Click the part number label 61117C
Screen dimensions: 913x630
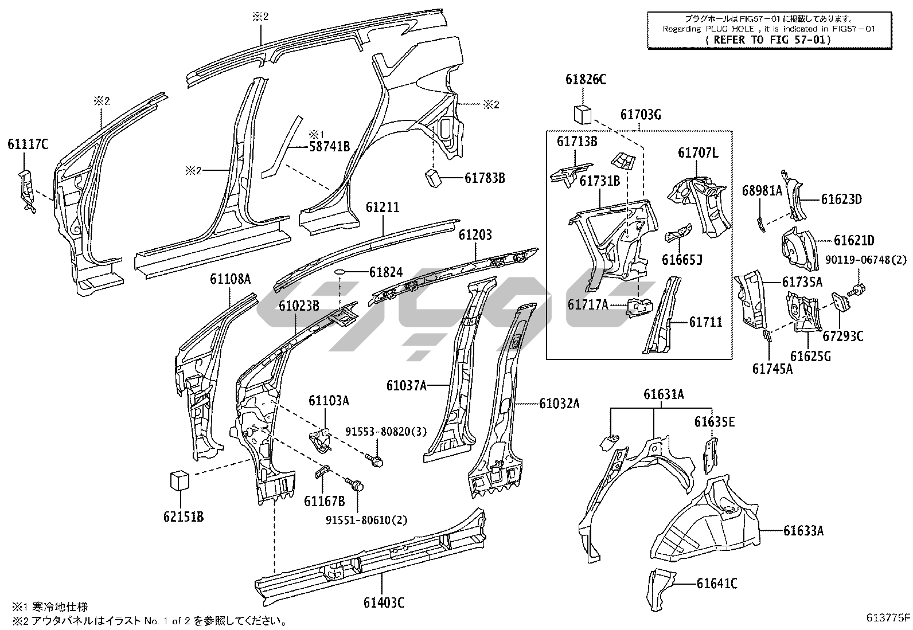[28, 144]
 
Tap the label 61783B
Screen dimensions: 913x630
[485, 178]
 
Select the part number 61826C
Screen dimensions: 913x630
[586, 80]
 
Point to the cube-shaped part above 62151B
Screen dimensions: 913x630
[180, 480]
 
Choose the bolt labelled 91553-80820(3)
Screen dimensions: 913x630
[376, 460]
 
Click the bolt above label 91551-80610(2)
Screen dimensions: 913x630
[355, 484]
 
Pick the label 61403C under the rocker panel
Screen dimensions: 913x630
[384, 602]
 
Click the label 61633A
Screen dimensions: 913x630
[803, 531]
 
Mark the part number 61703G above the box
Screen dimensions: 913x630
[641, 115]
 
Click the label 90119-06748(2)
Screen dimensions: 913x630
[866, 260]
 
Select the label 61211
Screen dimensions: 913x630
[383, 207]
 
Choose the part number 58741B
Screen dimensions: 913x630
[329, 146]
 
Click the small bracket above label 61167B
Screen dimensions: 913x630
[323, 472]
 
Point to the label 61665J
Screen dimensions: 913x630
[682, 260]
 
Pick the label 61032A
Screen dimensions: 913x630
[559, 404]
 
